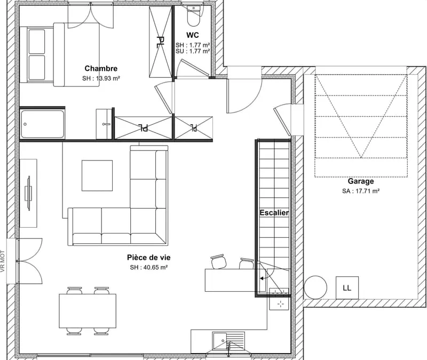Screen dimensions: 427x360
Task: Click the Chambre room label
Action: (101, 68)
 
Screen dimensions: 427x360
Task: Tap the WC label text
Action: (193, 35)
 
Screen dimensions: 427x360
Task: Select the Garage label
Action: (361, 181)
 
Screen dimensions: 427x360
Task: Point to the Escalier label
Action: (274, 212)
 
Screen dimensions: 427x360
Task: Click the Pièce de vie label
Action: (149, 258)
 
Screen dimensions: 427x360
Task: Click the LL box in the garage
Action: (347, 288)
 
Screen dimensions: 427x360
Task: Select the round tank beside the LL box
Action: (315, 287)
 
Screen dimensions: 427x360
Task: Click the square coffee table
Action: (97, 175)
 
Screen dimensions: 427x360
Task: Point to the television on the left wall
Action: (28, 193)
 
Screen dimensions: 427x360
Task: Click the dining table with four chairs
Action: (88, 311)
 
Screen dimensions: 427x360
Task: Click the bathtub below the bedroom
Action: (43, 124)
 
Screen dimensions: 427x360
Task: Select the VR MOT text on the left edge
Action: (3, 261)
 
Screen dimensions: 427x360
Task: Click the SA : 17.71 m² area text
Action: (361, 191)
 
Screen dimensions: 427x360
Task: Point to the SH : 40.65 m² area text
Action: (149, 268)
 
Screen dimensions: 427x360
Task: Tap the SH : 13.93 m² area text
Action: (101, 78)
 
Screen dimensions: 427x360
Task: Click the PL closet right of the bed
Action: (161, 42)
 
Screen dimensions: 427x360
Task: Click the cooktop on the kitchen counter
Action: (279, 299)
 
